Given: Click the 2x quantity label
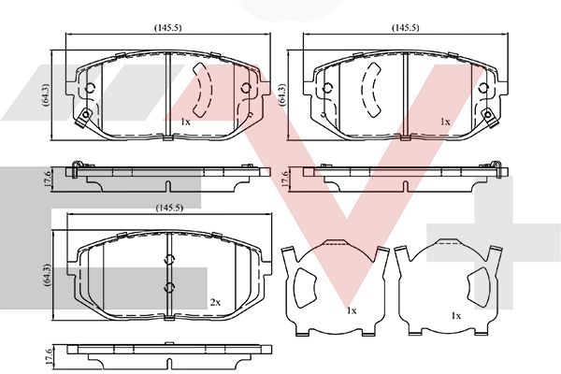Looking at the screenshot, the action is point(215,303).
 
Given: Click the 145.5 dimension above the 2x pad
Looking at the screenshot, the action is point(169,208).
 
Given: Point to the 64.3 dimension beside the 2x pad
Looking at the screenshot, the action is point(47,275).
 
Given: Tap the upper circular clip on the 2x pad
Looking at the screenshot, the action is point(169,260).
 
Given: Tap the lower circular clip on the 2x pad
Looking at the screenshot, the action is point(169,287).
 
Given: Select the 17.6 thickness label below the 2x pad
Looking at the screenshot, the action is point(49,355).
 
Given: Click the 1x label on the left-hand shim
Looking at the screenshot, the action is point(352,310).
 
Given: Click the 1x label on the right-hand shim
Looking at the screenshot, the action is point(456,316).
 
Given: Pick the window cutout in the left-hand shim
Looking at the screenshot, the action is point(305,287).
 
